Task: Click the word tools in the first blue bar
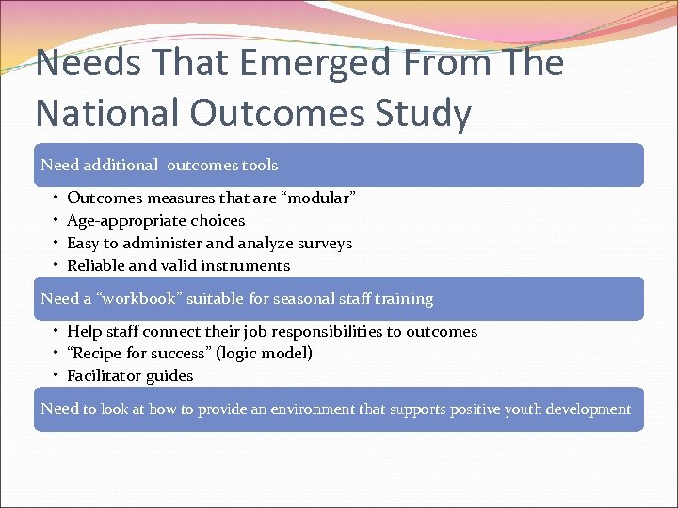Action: coord(260,165)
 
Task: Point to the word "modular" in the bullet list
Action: coord(319,198)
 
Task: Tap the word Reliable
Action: coord(98,265)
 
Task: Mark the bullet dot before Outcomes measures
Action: coord(56,198)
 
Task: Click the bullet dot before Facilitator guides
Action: coord(56,375)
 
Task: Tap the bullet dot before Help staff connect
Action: coord(56,331)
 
